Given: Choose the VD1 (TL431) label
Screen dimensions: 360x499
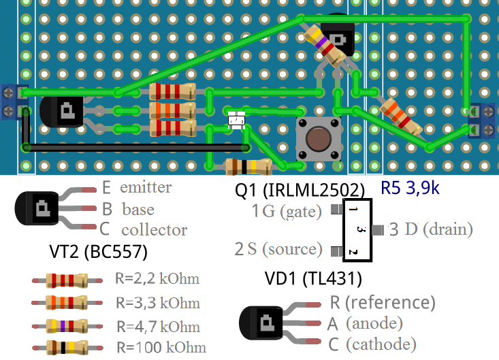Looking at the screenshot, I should [x=312, y=278].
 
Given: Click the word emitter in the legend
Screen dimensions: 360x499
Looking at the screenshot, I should [x=146, y=187].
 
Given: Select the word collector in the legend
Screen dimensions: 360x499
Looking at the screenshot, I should [x=154, y=230].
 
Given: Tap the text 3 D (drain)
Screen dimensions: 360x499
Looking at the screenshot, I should [x=430, y=229].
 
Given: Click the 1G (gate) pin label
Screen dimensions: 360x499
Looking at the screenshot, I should [x=286, y=212].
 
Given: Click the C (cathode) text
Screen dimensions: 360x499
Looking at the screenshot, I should [x=372, y=344].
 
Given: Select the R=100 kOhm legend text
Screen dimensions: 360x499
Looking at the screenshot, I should [x=161, y=347].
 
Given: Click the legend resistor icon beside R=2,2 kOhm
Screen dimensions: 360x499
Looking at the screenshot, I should [x=66, y=279].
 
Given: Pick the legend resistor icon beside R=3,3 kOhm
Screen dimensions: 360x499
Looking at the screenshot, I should [x=66, y=301].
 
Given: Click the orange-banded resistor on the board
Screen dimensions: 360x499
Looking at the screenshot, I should [x=172, y=110].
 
